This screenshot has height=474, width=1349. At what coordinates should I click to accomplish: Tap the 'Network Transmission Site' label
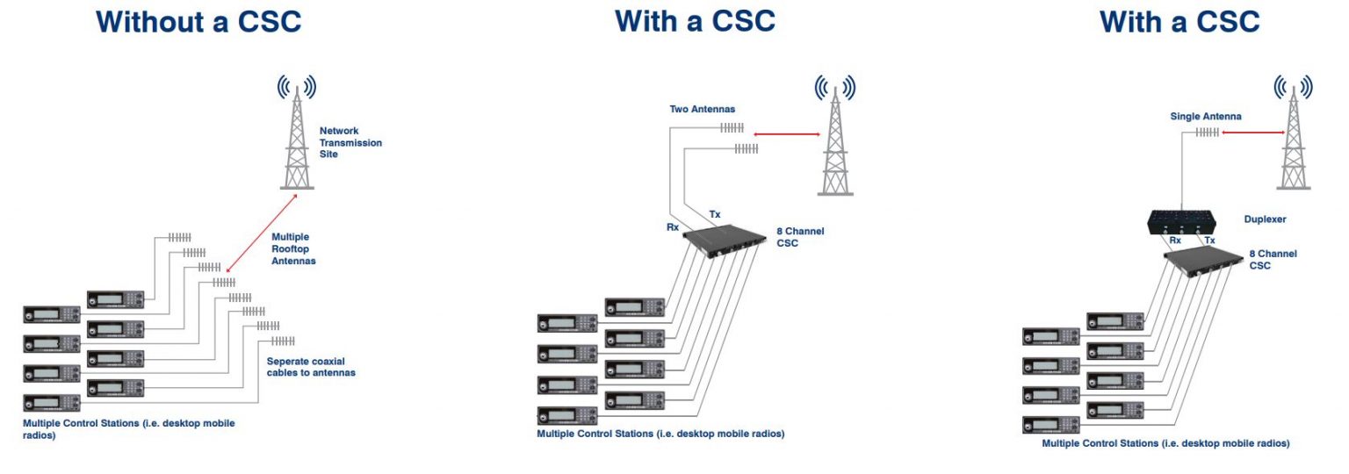pos(350,142)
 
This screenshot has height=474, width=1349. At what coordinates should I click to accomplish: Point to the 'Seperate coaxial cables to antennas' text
pos(311,366)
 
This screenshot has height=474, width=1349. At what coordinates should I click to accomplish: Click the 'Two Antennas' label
pos(702,110)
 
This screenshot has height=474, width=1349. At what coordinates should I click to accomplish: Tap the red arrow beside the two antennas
pos(787,134)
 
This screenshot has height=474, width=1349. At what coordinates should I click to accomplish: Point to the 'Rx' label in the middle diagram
pos(672,226)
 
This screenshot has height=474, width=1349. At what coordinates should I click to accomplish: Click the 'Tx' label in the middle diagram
pos(715,213)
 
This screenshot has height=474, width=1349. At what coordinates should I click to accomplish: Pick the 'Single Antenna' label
pos(1205,116)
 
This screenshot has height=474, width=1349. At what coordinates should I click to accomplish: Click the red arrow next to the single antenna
pos(1251,133)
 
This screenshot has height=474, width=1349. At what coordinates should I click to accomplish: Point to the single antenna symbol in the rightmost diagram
pos(1208,133)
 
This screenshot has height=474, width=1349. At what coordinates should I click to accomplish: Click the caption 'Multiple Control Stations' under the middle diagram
pos(660,434)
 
